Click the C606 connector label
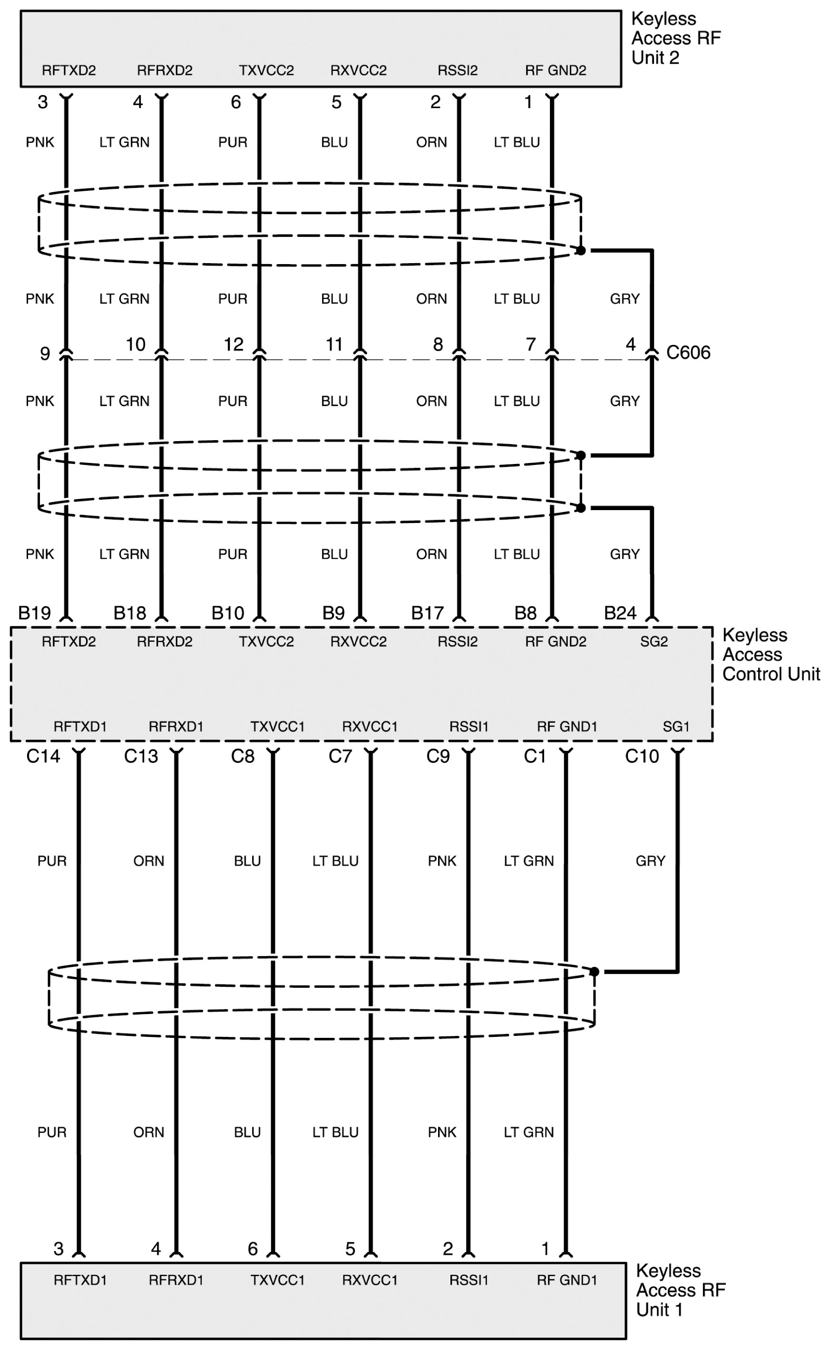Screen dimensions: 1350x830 pos(688,353)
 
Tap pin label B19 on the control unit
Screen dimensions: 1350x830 pos(35,613)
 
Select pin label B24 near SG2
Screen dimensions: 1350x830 pos(620,613)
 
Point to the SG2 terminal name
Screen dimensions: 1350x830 pos(654,641)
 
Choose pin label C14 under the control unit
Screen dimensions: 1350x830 pos(43,757)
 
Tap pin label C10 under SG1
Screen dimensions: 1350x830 pos(642,757)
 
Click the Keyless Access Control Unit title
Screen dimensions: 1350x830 pos(770,654)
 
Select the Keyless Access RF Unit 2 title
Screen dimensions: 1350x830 pos(675,38)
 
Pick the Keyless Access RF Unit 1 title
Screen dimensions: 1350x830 pos(680,1290)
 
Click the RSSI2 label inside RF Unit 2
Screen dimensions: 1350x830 pos(457,70)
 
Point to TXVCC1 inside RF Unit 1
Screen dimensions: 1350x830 pos(277,1280)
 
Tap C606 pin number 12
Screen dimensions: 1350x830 pos(233,344)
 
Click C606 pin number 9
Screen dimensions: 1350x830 pos(45,353)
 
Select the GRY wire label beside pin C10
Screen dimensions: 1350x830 pos(651,861)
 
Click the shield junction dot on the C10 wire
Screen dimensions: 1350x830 pos(594,972)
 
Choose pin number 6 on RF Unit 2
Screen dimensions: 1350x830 pos(235,102)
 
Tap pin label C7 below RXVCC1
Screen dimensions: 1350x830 pos(340,757)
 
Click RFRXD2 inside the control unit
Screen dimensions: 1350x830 pos(165,641)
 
